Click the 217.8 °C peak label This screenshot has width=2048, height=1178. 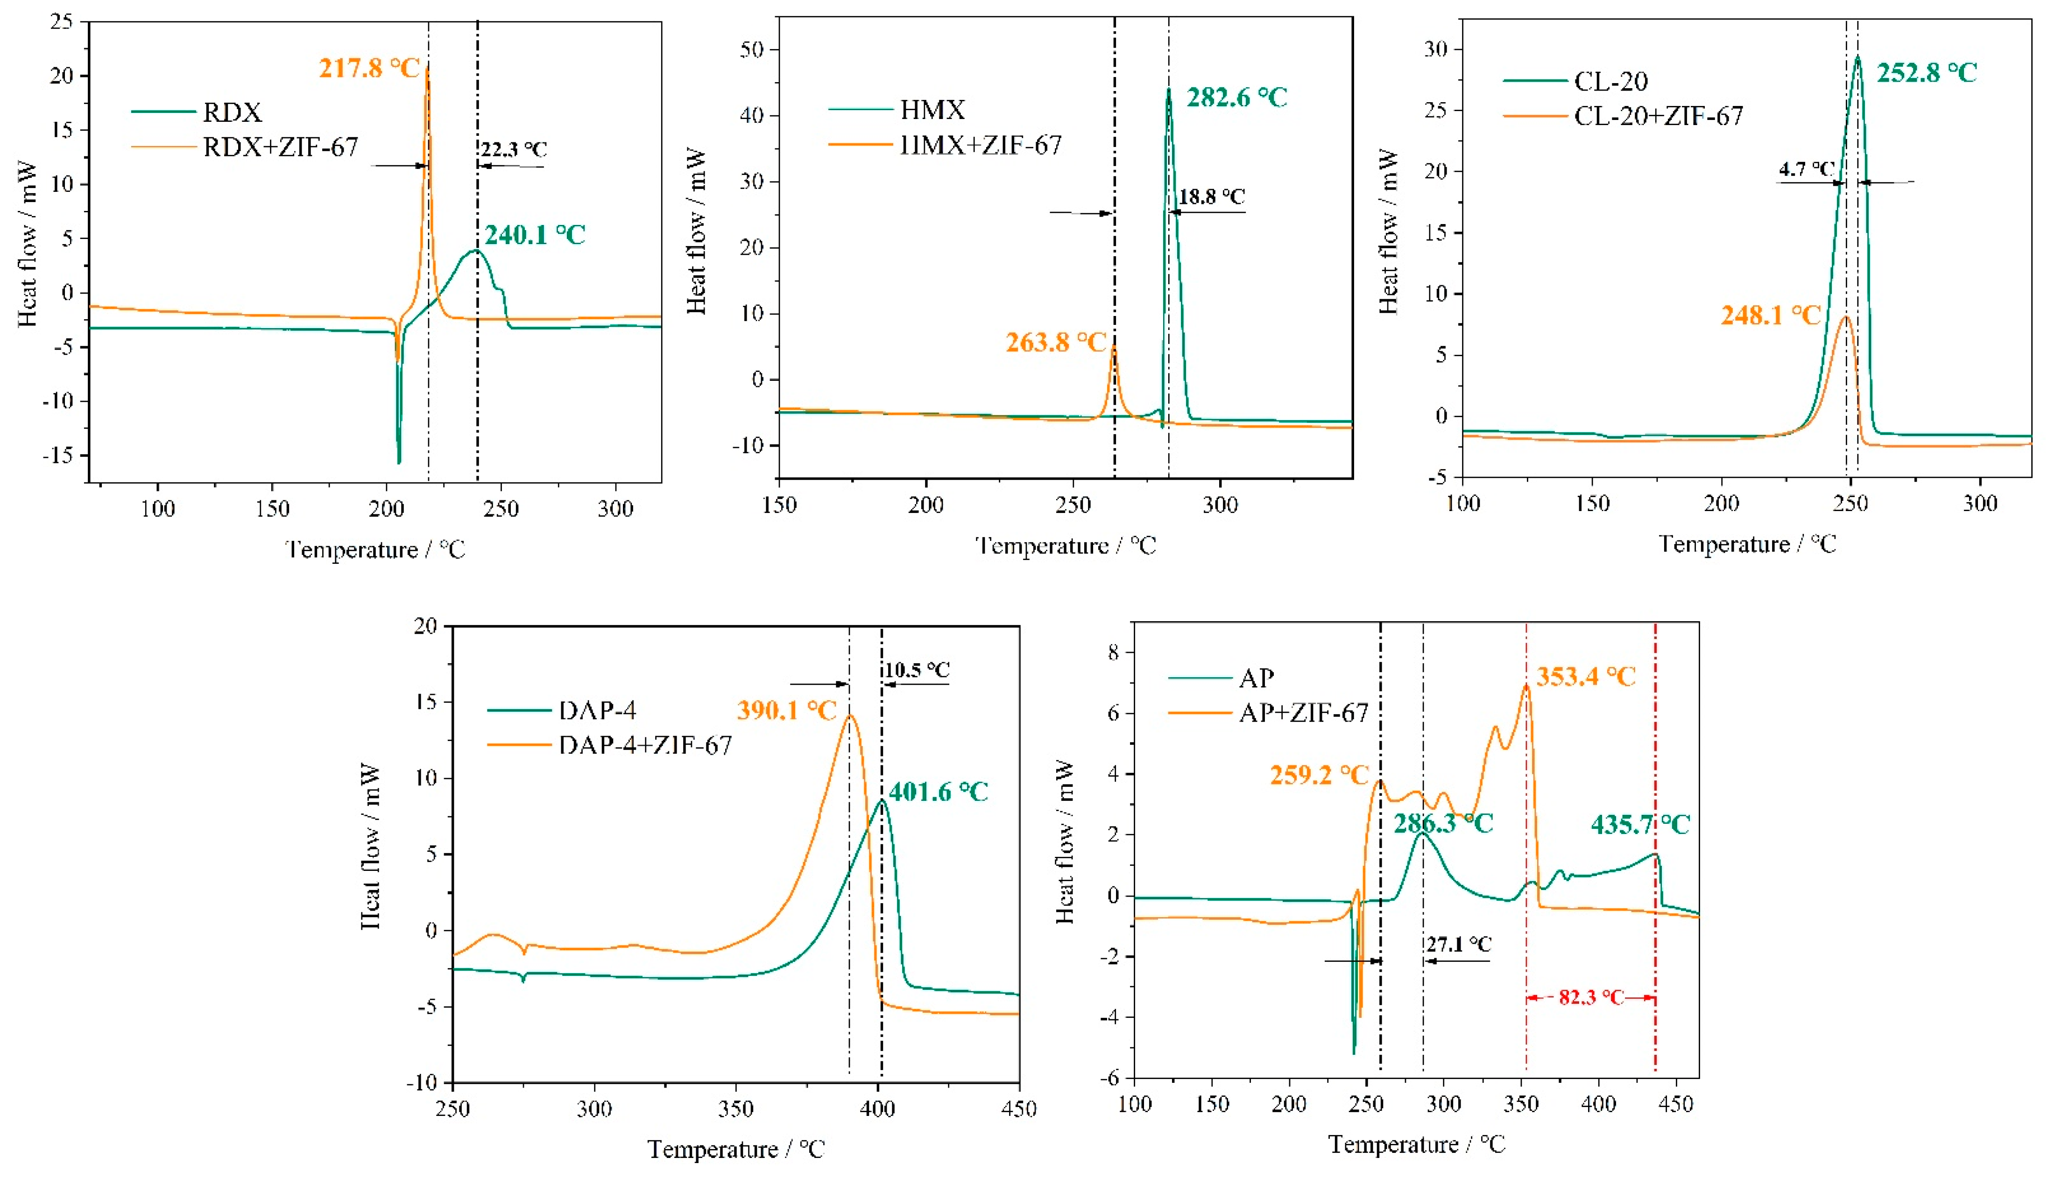point(369,68)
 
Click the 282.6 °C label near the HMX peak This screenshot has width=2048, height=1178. point(1236,98)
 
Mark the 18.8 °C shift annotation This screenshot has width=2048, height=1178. point(1211,196)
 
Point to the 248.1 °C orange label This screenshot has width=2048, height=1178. point(1770,316)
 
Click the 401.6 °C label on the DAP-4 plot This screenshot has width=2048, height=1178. point(938,792)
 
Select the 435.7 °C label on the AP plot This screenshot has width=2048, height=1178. point(1640,825)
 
